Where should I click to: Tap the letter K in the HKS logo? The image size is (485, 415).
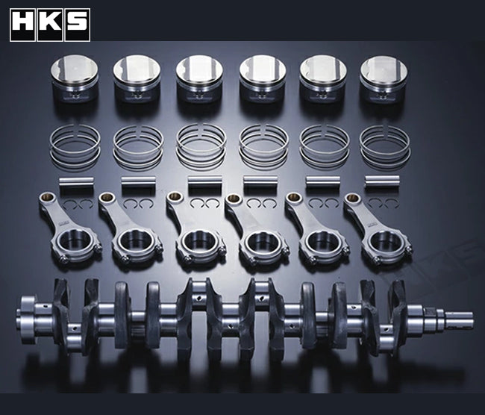[x=49, y=25]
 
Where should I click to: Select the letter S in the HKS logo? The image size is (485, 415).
[x=75, y=25]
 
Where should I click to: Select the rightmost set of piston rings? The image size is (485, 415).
[x=385, y=143]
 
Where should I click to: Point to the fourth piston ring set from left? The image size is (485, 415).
[x=263, y=144]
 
